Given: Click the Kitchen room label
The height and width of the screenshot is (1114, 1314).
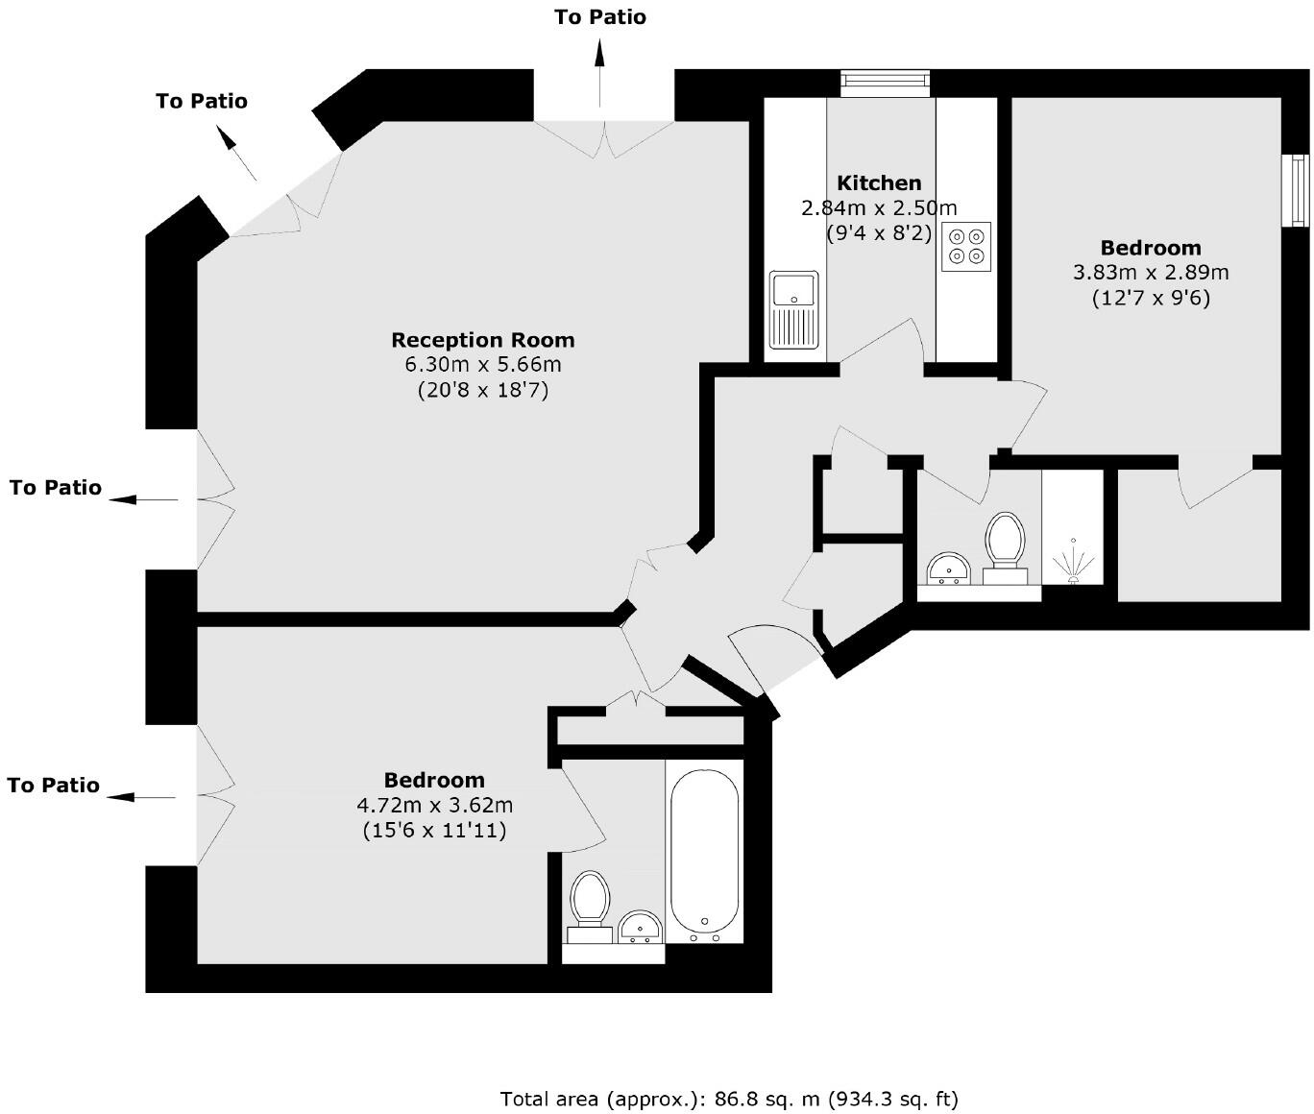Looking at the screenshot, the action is [879, 182].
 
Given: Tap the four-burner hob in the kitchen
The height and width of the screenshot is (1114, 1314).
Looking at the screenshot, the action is [966, 247].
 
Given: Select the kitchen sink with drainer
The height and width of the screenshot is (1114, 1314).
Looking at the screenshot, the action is [793, 309].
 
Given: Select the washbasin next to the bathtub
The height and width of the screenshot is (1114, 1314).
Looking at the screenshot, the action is [640, 927].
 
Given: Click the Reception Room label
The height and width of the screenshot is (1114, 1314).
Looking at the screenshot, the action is [483, 340].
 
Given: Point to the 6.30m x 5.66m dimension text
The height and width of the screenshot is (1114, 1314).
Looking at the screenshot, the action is [483, 365].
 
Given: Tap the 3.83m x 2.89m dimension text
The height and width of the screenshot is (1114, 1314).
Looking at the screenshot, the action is [1151, 273].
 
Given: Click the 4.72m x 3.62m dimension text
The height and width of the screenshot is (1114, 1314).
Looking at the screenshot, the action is [434, 805].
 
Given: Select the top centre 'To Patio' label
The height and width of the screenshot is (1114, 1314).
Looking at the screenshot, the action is [600, 16].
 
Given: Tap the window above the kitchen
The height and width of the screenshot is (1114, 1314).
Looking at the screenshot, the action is [885, 84].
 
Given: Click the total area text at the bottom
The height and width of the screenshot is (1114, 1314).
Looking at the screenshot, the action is [729, 1099].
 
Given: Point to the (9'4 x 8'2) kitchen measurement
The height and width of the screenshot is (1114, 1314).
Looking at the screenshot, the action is [879, 232].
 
